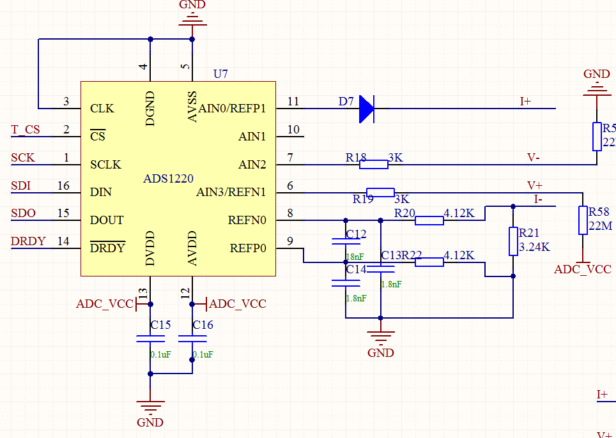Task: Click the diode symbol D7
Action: (x=366, y=109)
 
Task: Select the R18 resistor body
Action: (x=373, y=165)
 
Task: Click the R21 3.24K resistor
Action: (x=512, y=241)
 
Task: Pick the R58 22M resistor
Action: (x=582, y=220)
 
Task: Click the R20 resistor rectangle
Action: (x=429, y=221)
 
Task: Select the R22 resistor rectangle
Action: (x=429, y=261)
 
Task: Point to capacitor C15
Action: (x=150, y=339)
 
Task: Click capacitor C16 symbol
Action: (x=192, y=339)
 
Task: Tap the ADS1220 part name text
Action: (x=168, y=179)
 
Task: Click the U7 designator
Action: (x=220, y=74)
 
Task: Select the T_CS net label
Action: (x=26, y=130)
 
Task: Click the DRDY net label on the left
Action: (x=28, y=241)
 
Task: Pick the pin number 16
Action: (x=63, y=186)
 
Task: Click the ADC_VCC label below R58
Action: (x=582, y=269)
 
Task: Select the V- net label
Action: (x=534, y=157)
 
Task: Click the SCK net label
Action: (x=23, y=158)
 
